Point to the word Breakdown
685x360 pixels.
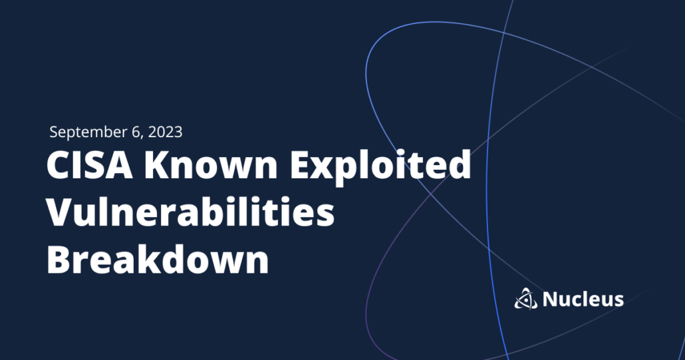click(x=158, y=260)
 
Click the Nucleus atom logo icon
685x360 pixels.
click(x=525, y=299)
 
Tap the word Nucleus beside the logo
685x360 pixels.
click(x=583, y=299)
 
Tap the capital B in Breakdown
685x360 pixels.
click(x=59, y=260)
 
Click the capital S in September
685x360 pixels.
click(x=54, y=132)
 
